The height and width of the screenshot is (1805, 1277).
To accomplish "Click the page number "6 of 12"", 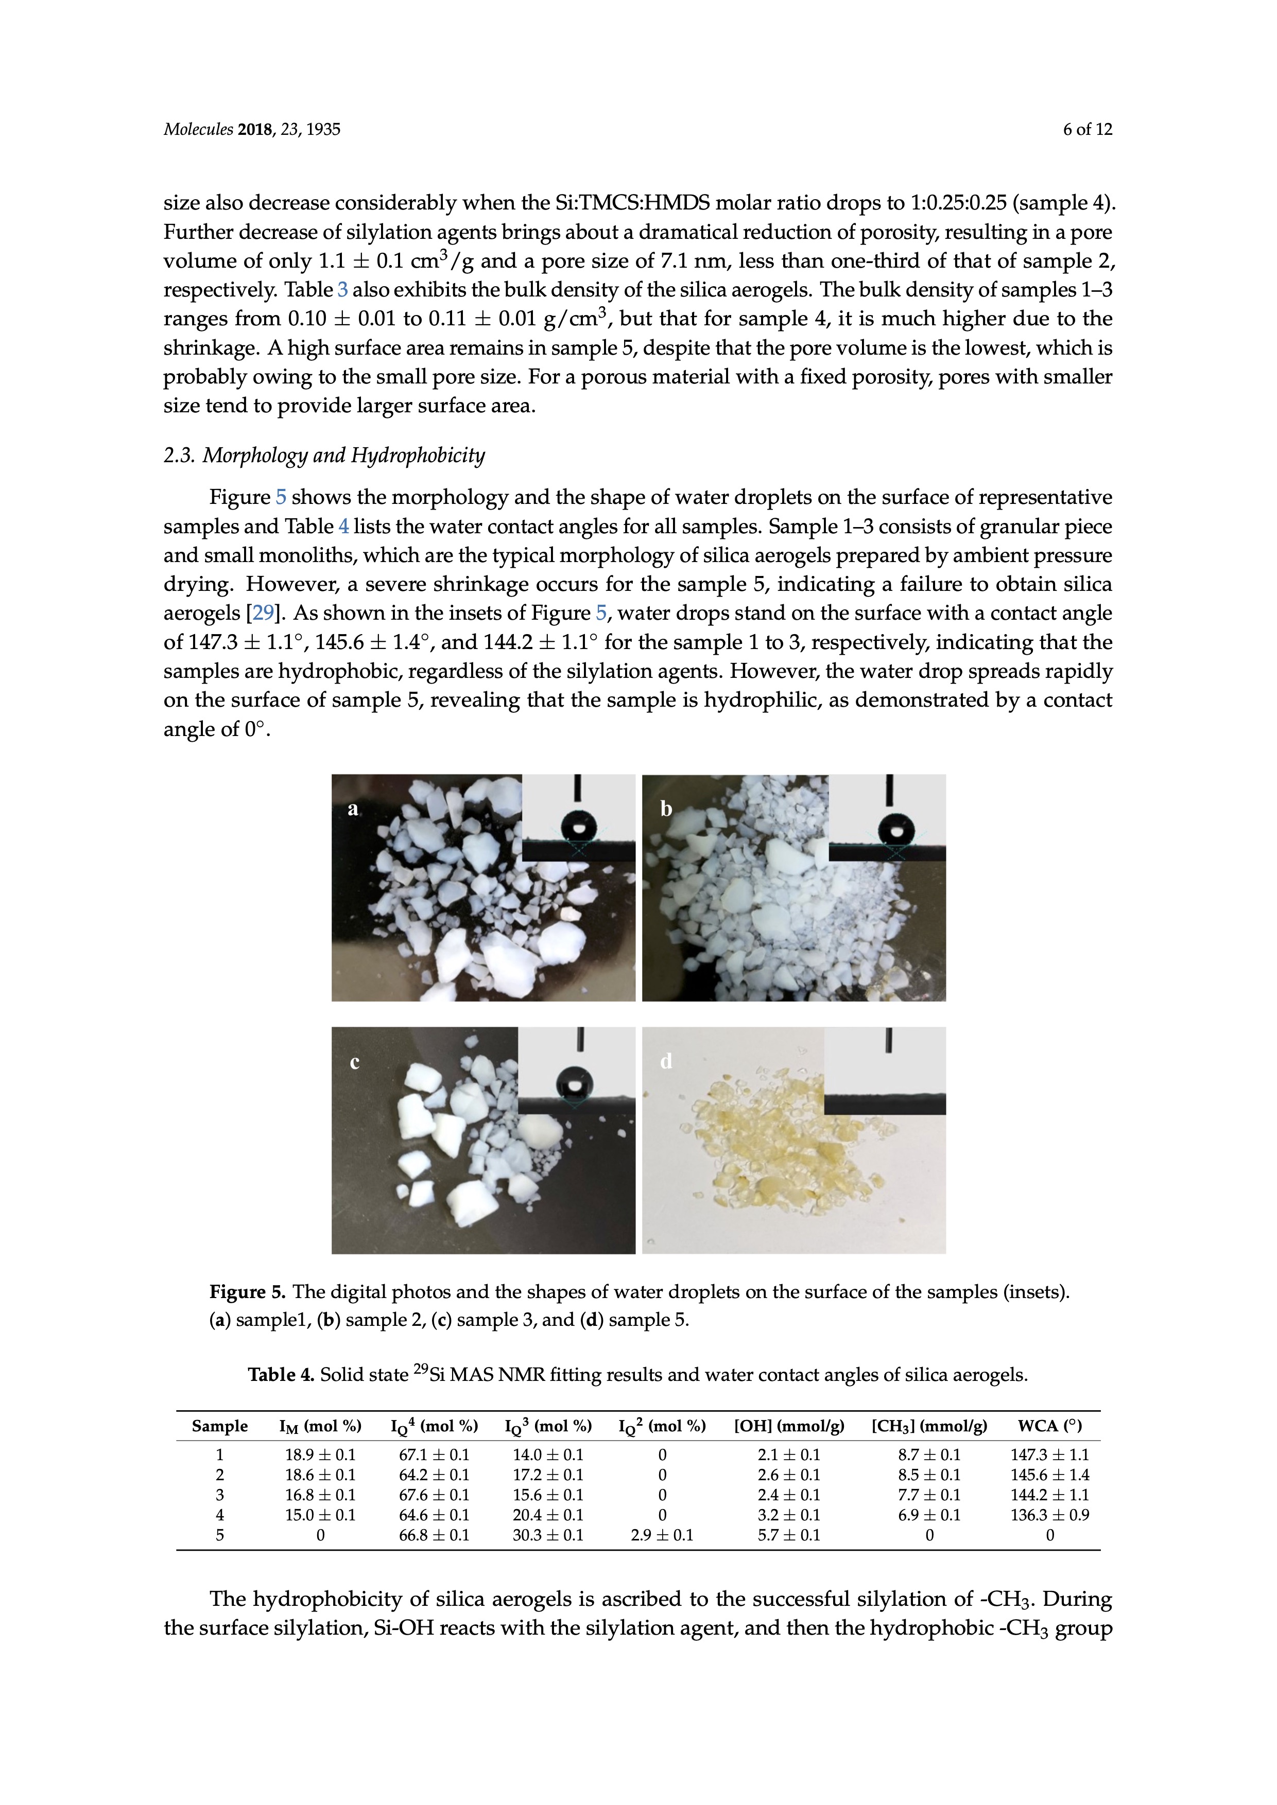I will pyautogui.click(x=1088, y=130).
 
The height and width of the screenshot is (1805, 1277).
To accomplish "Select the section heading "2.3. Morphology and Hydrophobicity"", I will pyautogui.click(x=324, y=456).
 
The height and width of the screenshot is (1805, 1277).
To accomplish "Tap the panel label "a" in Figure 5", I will pyautogui.click(x=353, y=809).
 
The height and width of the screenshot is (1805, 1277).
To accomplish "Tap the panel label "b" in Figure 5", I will pyautogui.click(x=666, y=809).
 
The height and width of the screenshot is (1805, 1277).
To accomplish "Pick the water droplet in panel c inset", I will pyautogui.click(x=577, y=1082).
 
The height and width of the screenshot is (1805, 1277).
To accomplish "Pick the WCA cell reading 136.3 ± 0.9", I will pyautogui.click(x=1050, y=1515).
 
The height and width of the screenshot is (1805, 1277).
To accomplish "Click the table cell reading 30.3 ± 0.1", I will pyautogui.click(x=548, y=1535).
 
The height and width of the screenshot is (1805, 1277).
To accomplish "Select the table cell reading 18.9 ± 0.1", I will pyautogui.click(x=320, y=1455).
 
